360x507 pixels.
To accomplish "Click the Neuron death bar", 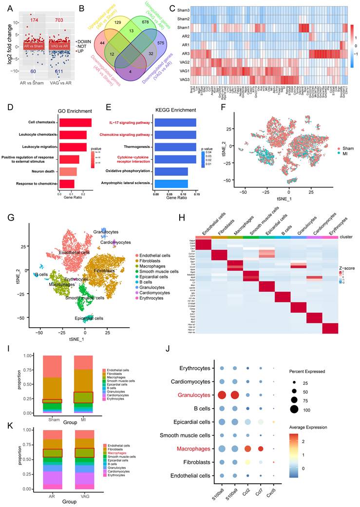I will (x=68, y=171).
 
